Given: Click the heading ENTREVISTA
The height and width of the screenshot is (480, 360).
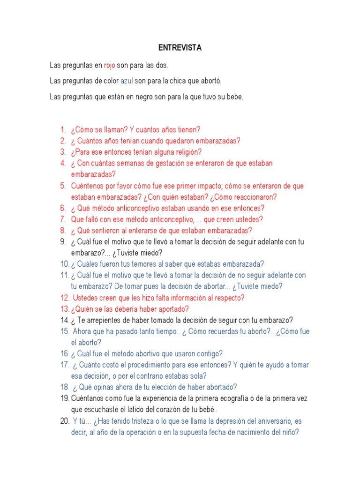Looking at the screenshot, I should tap(180, 48).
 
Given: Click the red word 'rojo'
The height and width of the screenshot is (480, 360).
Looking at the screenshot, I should tap(109, 65).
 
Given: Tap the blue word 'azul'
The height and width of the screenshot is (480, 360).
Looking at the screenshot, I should tap(127, 81).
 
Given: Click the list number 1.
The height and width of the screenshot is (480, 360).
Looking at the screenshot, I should tap(63, 129).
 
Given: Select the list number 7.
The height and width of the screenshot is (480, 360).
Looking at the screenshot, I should tap(63, 219).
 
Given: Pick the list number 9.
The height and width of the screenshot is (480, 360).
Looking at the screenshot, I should tap(63, 241).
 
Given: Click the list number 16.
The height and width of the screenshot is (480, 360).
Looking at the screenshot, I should tap(65, 353).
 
